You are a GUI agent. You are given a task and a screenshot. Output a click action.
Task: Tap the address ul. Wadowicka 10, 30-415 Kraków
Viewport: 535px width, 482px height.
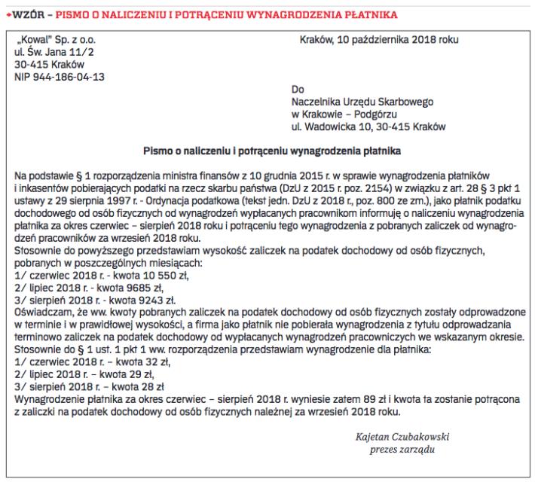click(x=368, y=126)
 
